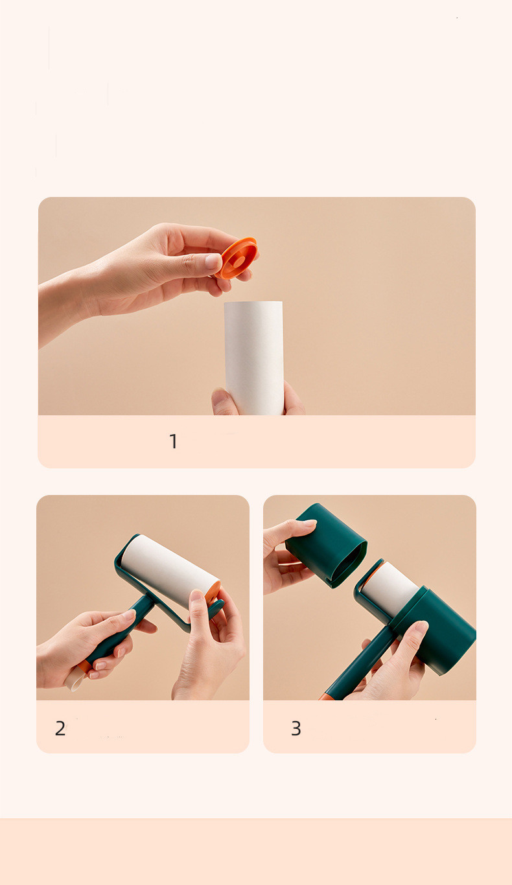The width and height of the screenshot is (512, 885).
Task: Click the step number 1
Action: pos(173,441)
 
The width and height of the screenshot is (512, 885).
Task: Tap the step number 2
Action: pos(60,728)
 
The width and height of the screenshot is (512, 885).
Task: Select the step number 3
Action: pos(296,728)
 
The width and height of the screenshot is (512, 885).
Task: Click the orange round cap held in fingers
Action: pos(237,258)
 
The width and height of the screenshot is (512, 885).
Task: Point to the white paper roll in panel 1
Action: pos(254,358)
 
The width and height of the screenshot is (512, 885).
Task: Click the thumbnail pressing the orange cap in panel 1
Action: pos(213,261)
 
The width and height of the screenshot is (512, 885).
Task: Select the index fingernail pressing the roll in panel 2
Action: pos(196,595)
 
